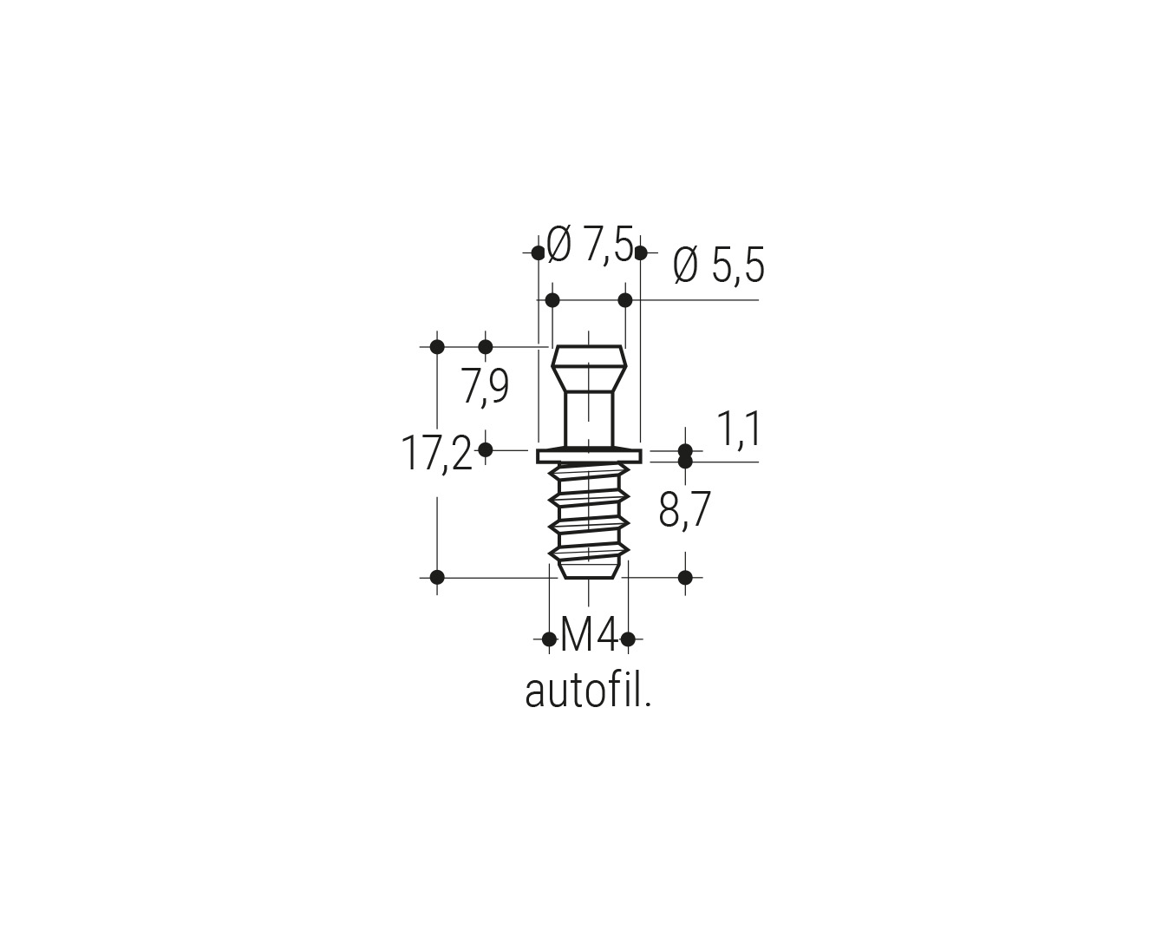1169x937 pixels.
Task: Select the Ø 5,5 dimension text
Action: (x=719, y=265)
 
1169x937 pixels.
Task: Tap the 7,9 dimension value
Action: (x=485, y=385)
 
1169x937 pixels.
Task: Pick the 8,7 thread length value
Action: (x=684, y=510)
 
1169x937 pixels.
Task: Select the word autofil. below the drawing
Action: (x=588, y=691)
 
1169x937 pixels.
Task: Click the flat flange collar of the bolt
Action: (x=590, y=456)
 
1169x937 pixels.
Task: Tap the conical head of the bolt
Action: (x=590, y=368)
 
